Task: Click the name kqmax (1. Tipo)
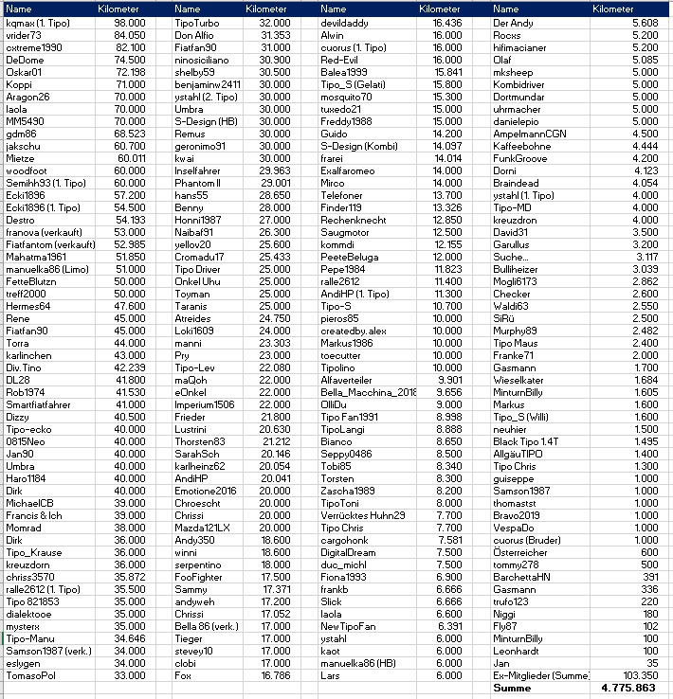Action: click(x=38, y=22)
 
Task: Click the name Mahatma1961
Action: click(x=37, y=257)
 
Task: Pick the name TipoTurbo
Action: click(x=198, y=22)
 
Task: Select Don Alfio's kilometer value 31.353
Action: click(x=275, y=34)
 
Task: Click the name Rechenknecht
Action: click(x=354, y=220)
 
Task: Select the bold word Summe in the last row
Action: click(x=512, y=689)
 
